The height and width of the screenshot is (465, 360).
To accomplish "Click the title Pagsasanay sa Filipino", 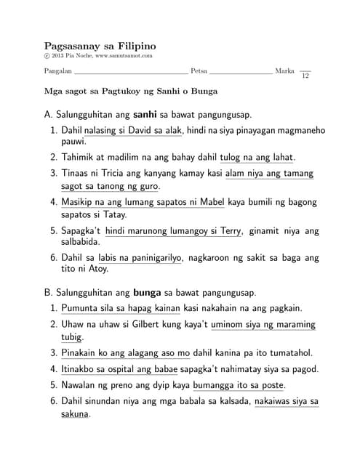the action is tap(100, 46).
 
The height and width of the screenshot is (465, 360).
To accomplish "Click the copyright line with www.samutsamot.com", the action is tap(98, 56).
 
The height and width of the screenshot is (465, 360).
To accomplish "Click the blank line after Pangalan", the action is tap(131, 74).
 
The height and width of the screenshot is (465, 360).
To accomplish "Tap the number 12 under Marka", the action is tap(305, 76).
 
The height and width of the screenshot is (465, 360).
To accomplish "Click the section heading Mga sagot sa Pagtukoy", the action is tap(131, 92).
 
